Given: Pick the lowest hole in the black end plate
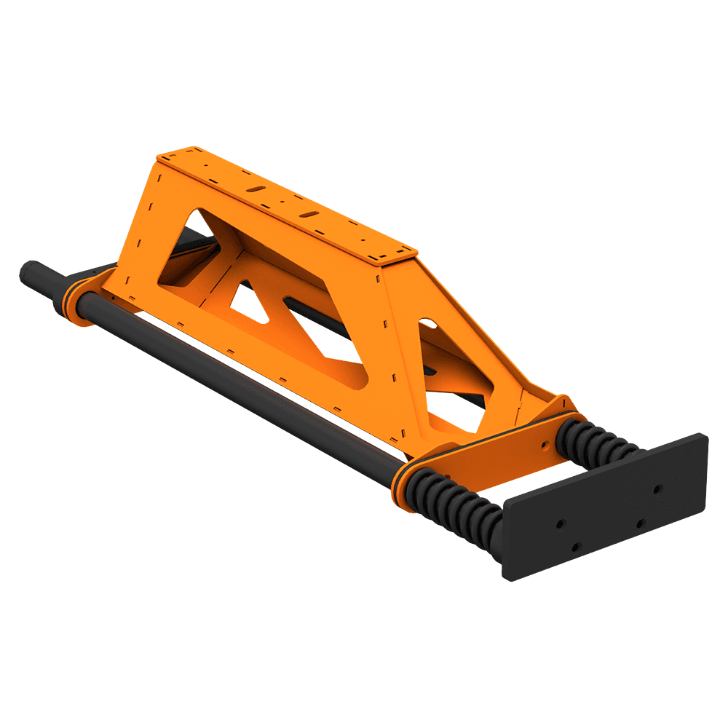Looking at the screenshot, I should coord(576,546).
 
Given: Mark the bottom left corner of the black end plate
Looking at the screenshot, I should coord(510,579).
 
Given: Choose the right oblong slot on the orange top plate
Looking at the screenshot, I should coord(311,213).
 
